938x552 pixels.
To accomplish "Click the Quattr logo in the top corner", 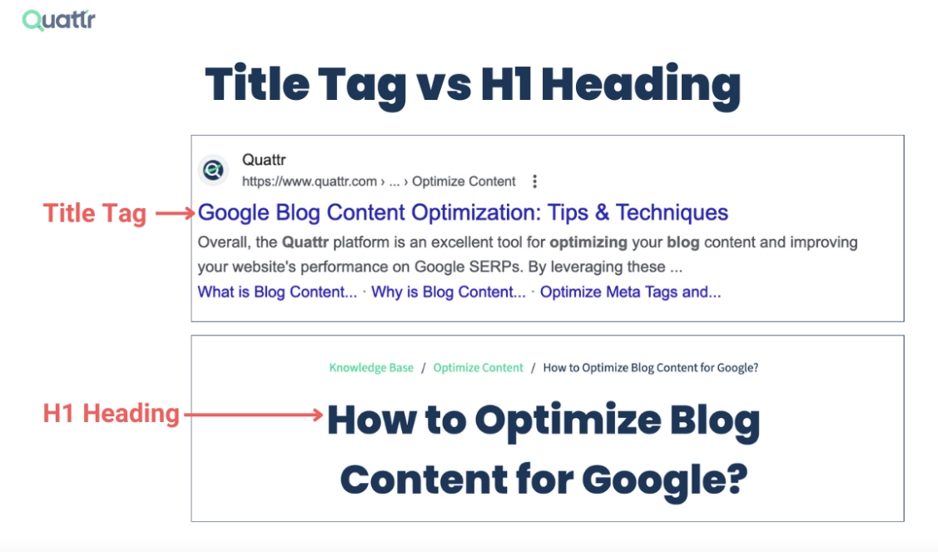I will [x=58, y=20].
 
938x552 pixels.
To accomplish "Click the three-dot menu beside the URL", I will [x=535, y=182].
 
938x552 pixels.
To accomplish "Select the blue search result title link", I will [x=463, y=212].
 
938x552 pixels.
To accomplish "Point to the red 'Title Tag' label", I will [x=95, y=214].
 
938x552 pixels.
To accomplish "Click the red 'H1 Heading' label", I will [x=112, y=414].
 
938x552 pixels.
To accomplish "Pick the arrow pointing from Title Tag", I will [x=175, y=214].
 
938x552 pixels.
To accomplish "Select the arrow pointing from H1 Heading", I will [x=253, y=414].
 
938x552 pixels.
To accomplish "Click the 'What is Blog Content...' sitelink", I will [x=277, y=292].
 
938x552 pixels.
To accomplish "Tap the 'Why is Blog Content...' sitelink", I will [x=449, y=292].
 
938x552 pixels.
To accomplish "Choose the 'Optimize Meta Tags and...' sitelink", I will [x=630, y=292].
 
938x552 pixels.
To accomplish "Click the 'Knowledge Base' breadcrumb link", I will [x=371, y=368].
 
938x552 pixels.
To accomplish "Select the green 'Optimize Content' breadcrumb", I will [x=479, y=368].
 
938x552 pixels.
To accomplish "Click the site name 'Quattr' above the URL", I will [x=264, y=160].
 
